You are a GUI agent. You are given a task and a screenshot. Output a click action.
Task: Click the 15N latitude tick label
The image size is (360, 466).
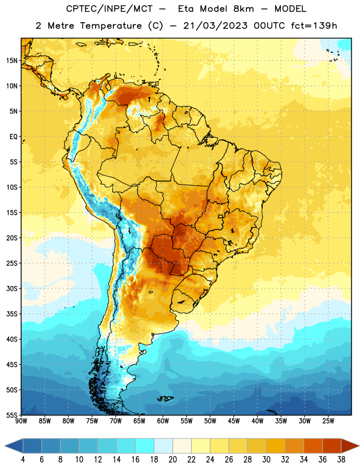tap(12, 61)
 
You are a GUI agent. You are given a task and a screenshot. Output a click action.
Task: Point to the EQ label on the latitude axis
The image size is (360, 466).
tap(13, 137)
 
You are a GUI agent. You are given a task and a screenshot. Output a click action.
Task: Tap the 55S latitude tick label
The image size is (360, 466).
tap(12, 415)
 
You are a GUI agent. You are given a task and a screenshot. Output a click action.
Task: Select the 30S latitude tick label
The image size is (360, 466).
tap(12, 288)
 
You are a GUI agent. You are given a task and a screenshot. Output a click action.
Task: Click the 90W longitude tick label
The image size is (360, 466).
tap(21, 421)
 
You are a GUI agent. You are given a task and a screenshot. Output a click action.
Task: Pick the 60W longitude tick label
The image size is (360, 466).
tap(163, 421)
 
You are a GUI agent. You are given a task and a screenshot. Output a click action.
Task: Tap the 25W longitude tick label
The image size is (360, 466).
tap(328, 421)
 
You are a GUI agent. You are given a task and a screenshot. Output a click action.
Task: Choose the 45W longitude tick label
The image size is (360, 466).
tap(234, 421)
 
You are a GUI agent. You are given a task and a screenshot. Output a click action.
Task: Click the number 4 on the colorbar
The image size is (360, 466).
tap(23, 460)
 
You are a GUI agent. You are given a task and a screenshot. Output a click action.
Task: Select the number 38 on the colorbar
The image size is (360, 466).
tap(341, 460)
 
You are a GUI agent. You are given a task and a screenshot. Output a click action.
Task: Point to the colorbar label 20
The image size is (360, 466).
tap(172, 460)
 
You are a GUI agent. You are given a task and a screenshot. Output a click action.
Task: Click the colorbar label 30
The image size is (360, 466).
tap(266, 460)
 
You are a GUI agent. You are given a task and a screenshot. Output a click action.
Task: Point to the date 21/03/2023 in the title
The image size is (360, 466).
tap(215, 26)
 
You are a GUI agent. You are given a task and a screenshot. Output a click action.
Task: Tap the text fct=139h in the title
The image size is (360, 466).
tap(314, 26)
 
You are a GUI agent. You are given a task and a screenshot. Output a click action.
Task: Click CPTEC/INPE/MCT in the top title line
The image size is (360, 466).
tap(110, 9)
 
